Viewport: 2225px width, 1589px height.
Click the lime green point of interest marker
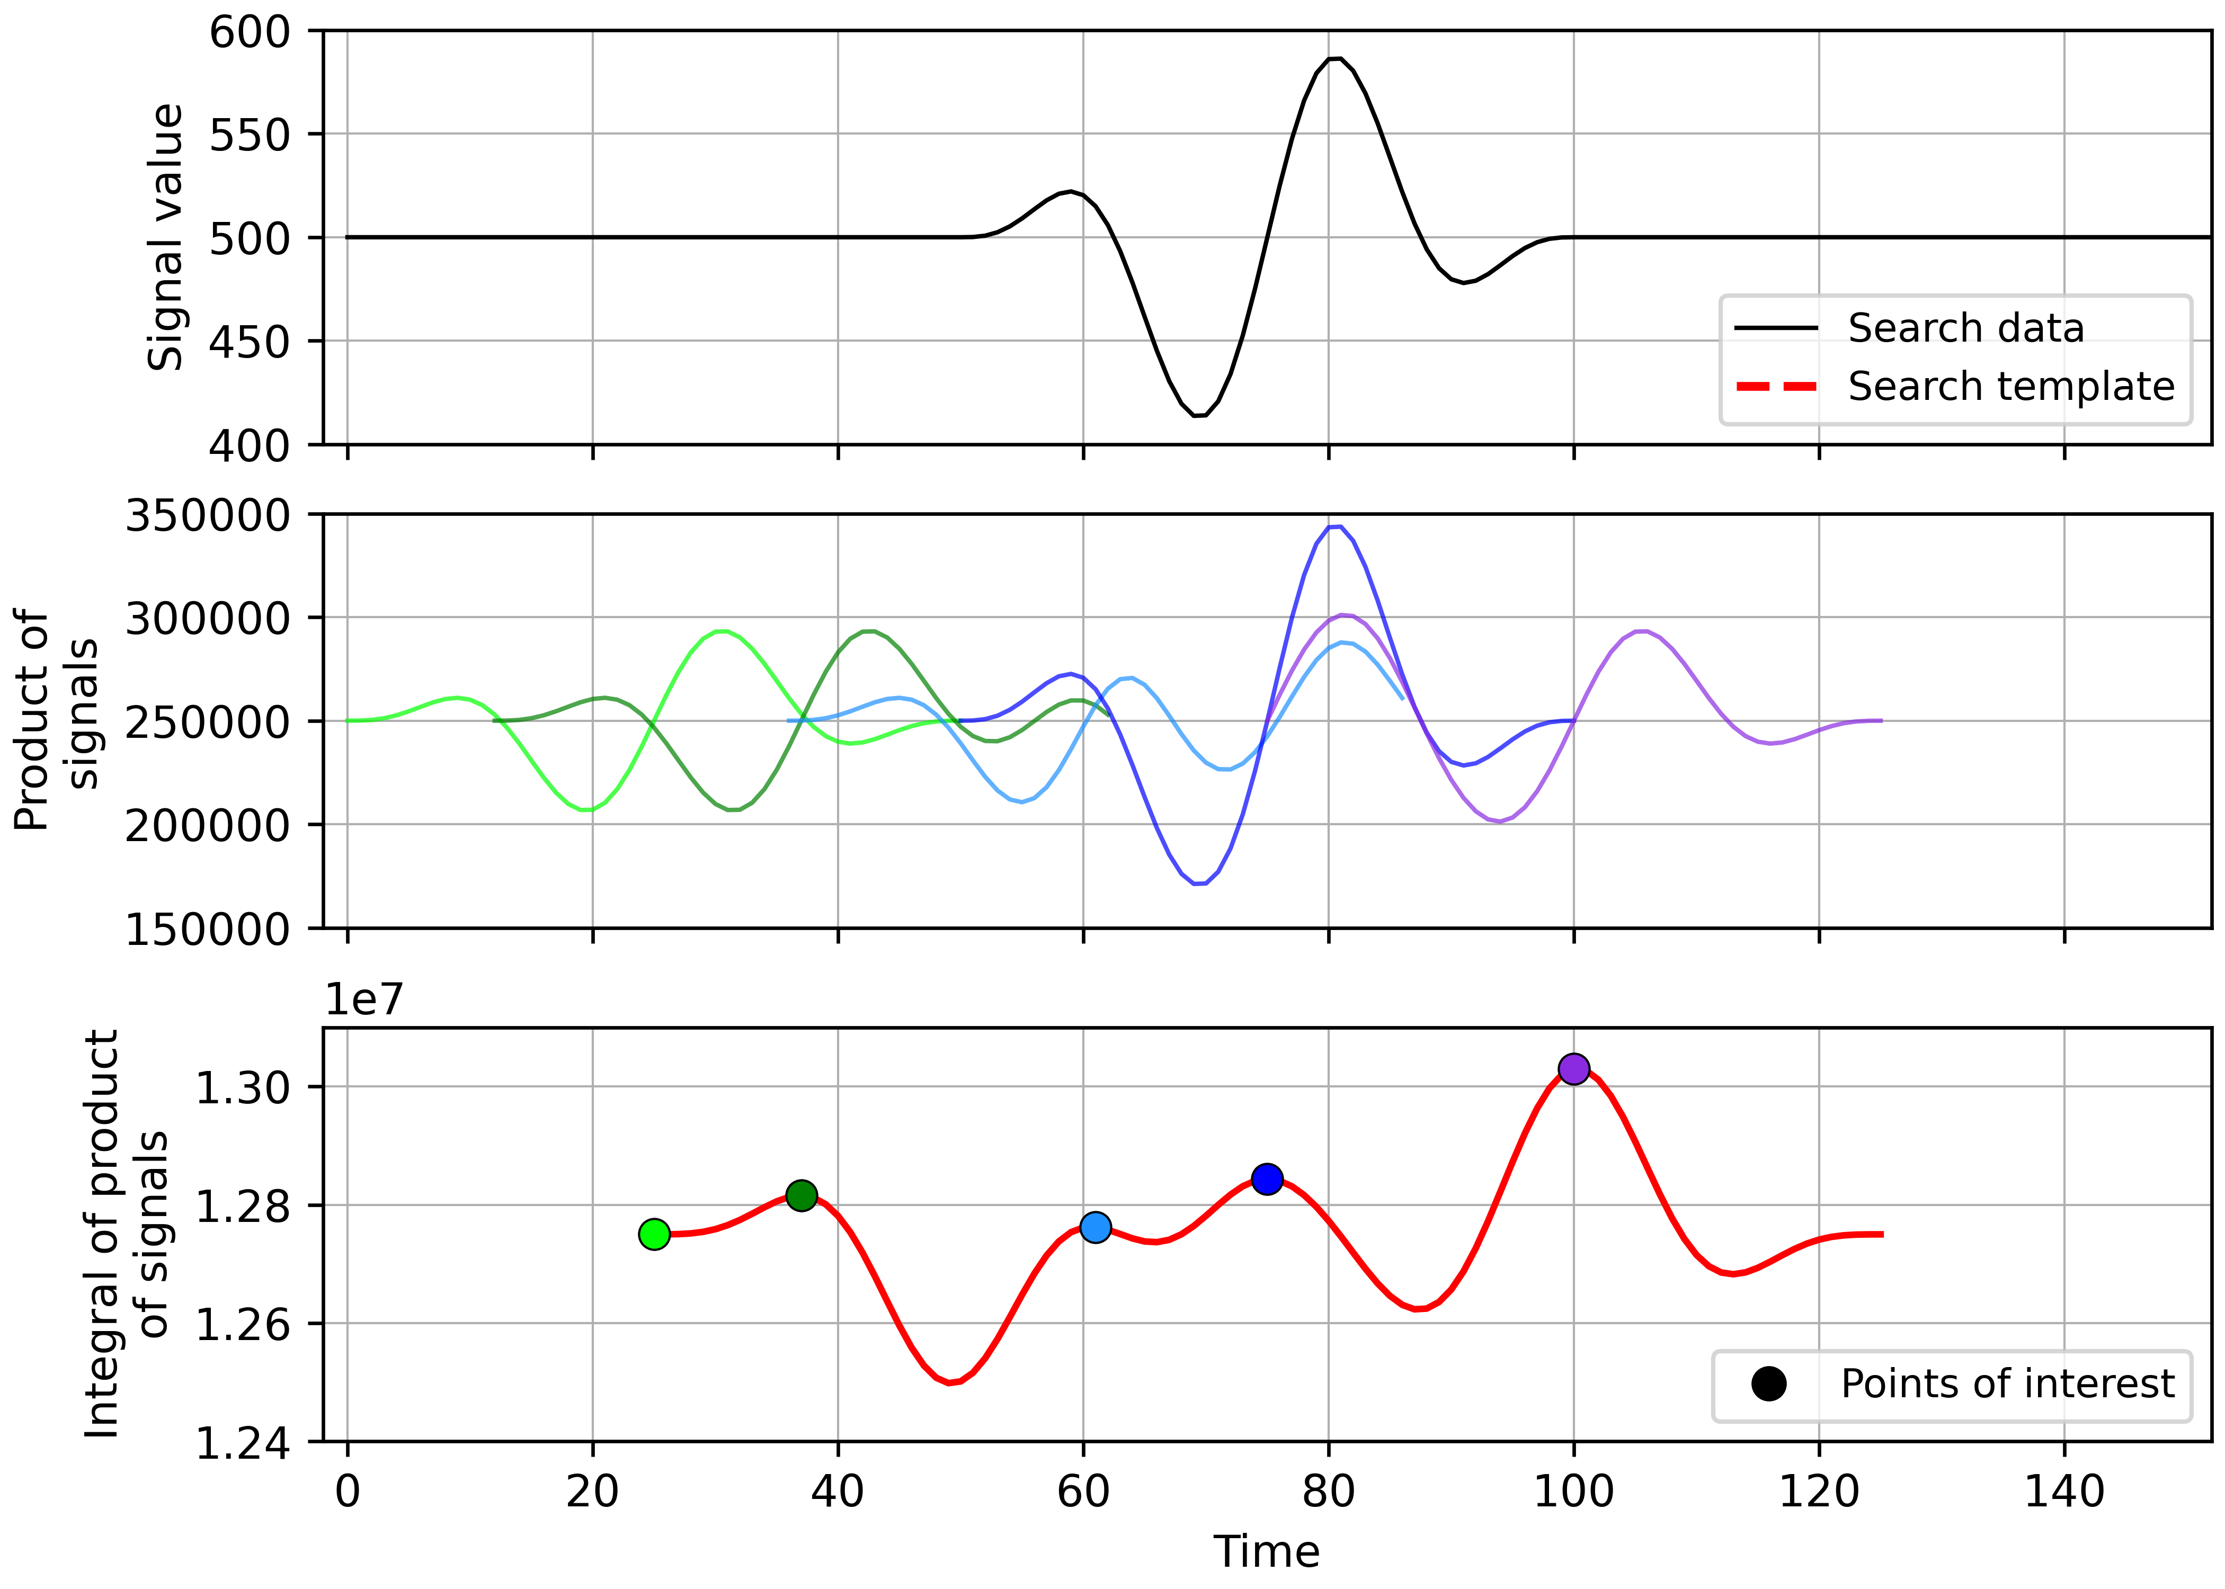coord(654,1235)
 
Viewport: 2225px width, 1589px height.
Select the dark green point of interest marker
coord(802,1195)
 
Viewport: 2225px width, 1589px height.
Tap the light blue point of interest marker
coord(1096,1227)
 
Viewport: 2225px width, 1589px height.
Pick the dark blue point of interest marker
coord(1267,1179)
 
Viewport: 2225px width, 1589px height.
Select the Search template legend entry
coord(2010,387)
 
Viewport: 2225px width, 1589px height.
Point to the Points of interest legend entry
coord(2006,1383)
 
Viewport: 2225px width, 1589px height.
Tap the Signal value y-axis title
coord(166,238)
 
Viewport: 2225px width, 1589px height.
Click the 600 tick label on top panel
coord(251,32)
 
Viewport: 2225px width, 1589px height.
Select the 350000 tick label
coord(208,516)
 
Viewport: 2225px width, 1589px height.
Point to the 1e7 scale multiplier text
coord(364,1000)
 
